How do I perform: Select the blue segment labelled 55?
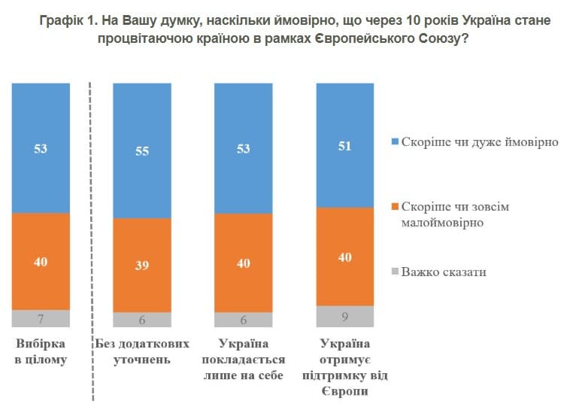[141, 150]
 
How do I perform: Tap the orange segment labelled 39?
[141, 265]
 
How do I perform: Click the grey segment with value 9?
[344, 316]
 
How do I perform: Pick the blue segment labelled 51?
[344, 145]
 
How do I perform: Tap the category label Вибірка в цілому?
[41, 351]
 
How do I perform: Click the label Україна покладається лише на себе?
[243, 360]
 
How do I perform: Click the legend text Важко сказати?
[443, 272]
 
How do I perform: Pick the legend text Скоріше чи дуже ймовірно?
[480, 141]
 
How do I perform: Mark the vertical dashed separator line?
[91, 241]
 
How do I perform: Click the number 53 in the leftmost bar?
[41, 149]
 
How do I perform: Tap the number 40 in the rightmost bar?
[344, 257]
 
